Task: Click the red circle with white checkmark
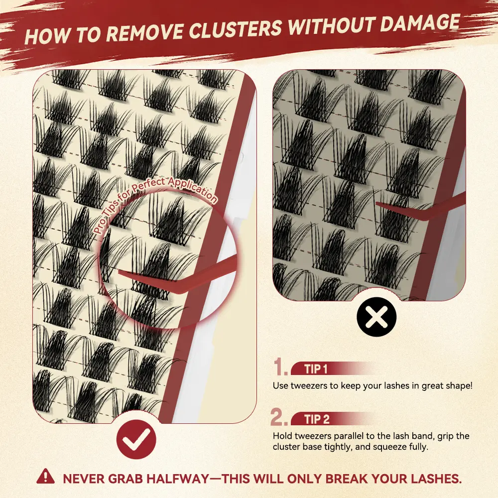136,440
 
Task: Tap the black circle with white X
376,317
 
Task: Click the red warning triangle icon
45,476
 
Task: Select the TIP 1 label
316,369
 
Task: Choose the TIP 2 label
317,419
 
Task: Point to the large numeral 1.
280,367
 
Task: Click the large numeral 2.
278,416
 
